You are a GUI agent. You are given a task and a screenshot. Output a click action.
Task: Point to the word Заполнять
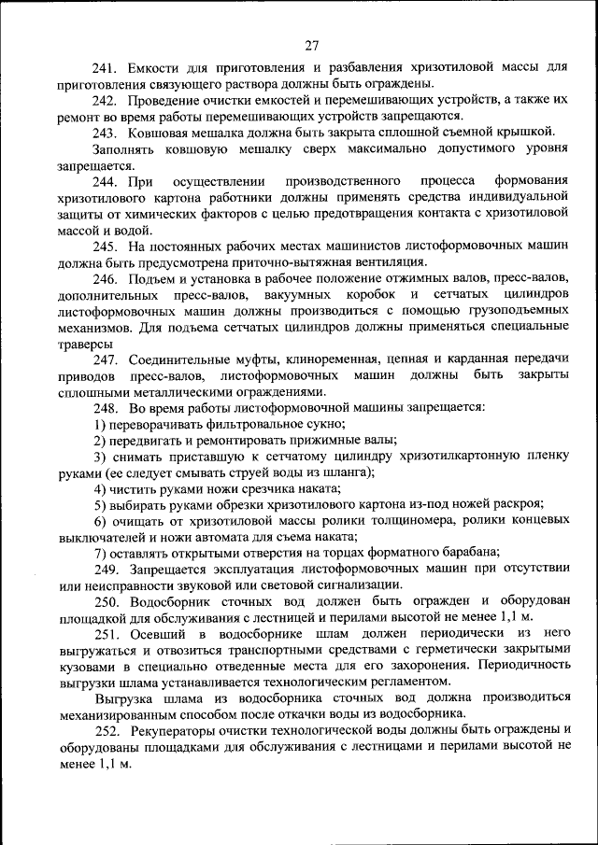pos(124,148)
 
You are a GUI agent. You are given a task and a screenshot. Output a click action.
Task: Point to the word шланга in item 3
pos(348,472)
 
